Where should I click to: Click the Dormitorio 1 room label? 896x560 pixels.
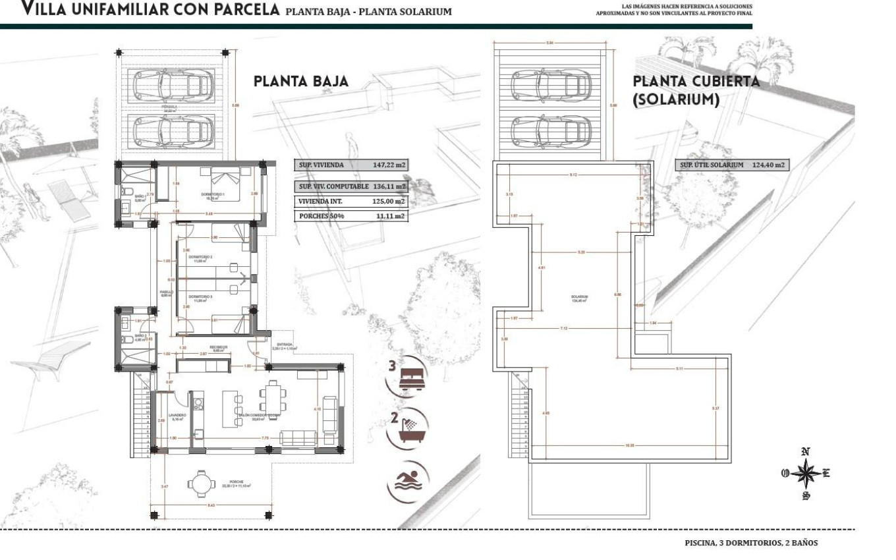pyautogui.click(x=213, y=195)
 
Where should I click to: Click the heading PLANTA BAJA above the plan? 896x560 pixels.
pyautogui.click(x=301, y=82)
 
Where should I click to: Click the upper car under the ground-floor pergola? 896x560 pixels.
pyautogui.click(x=175, y=84)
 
